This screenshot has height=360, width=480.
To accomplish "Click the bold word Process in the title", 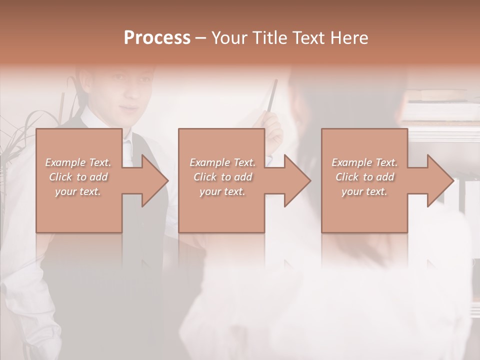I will [157, 38].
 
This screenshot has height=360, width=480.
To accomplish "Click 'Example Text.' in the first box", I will [78, 162].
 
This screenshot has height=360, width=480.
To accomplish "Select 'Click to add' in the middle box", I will [222, 177].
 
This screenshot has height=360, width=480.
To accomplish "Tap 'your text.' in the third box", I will [364, 191].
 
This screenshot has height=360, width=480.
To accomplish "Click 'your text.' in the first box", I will [78, 191].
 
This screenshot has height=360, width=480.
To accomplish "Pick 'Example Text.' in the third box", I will [364, 162].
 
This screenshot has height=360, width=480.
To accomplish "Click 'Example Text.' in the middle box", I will [222, 162].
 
